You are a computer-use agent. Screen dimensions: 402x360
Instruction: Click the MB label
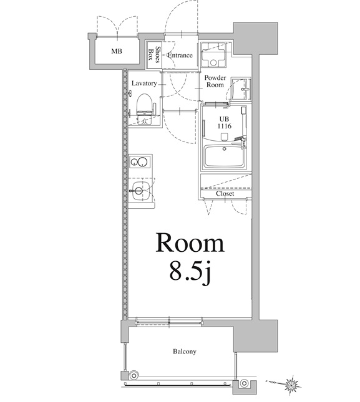[117, 51]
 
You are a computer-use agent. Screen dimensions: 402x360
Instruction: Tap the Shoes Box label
[155, 55]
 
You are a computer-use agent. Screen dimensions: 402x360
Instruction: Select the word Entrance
[180, 55]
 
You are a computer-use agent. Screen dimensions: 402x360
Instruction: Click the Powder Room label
[215, 80]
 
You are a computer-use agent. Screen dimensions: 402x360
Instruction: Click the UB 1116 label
[224, 123]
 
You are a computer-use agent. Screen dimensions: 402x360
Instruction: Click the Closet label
[225, 193]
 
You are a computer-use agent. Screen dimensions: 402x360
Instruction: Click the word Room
[189, 242]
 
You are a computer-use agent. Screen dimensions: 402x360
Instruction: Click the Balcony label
[184, 352]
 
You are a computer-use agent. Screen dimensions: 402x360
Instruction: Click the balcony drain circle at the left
[133, 375]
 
